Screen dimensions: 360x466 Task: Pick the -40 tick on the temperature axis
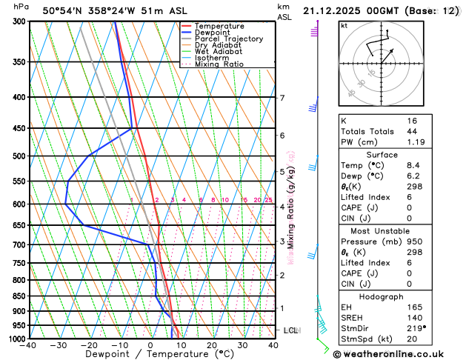click(29, 345)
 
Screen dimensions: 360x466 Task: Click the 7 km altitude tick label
click(282, 98)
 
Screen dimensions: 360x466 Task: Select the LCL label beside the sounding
click(290, 330)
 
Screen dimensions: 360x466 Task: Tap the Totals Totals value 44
click(412, 131)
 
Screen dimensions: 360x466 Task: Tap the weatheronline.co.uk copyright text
click(397, 353)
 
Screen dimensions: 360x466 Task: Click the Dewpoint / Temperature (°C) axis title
click(151, 355)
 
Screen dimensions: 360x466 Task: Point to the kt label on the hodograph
click(344, 26)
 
